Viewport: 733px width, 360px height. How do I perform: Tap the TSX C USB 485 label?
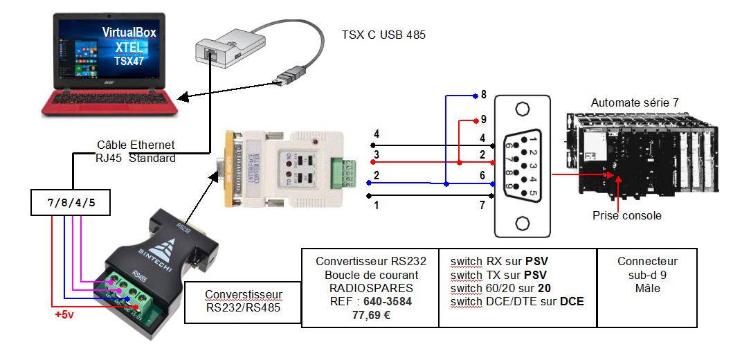coord(383,34)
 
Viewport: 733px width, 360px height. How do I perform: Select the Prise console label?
coord(626,215)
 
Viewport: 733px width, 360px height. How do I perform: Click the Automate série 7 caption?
coord(634,102)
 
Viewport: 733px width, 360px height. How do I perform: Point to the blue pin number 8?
coord(484,94)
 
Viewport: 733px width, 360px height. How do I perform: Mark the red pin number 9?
coord(484,118)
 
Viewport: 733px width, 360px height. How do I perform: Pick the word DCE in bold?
coord(571,301)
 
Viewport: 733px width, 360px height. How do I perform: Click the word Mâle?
coord(647,287)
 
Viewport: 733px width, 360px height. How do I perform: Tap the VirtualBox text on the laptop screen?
coord(129,33)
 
